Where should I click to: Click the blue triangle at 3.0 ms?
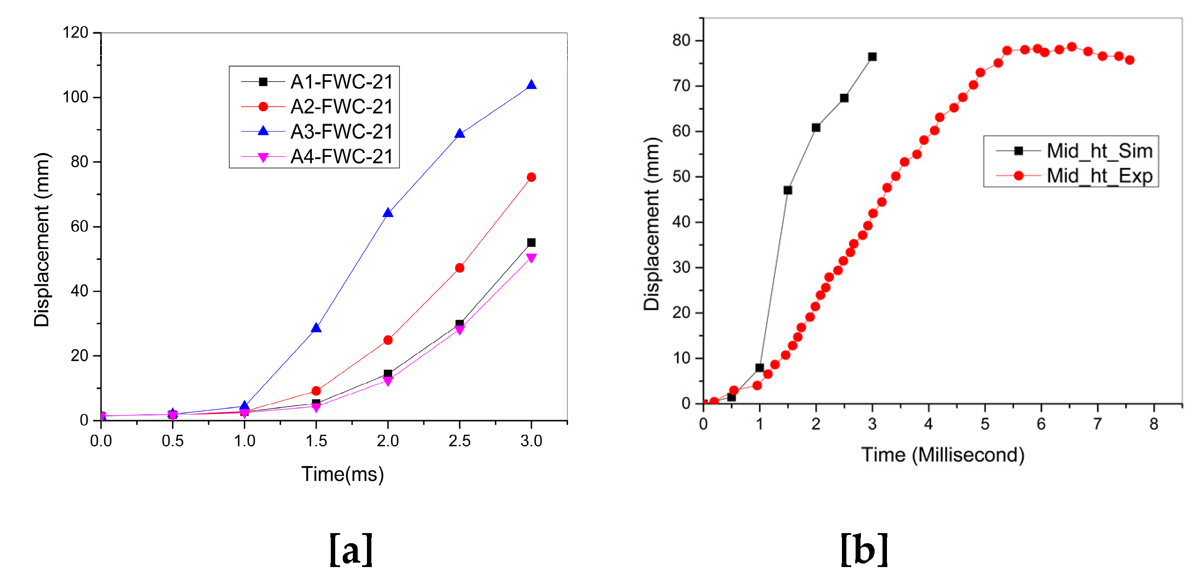531,85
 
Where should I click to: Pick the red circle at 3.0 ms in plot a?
531,177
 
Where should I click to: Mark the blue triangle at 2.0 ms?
388,213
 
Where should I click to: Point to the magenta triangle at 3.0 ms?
531,258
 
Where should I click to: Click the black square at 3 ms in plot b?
872,57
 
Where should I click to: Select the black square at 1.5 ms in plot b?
788,190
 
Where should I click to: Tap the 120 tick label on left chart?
75,33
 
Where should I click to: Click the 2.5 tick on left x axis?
459,440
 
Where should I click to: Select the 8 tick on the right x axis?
1154,424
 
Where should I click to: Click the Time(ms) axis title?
342,474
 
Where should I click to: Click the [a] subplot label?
351,550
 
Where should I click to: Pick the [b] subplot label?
864,550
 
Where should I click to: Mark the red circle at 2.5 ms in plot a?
459,268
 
